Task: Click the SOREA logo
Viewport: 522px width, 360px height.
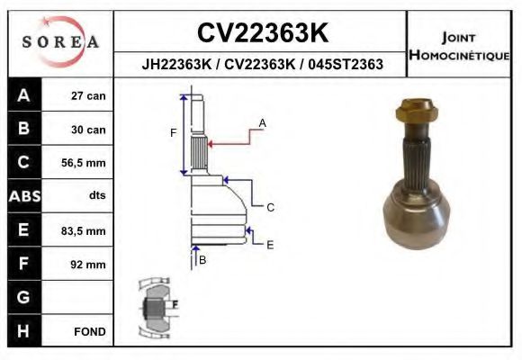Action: [x=59, y=41]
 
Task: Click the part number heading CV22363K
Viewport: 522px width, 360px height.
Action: [x=262, y=32]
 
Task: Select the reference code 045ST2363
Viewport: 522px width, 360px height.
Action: [x=346, y=64]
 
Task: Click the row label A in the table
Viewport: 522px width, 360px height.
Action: [x=23, y=95]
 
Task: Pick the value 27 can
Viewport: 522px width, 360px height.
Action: [x=88, y=95]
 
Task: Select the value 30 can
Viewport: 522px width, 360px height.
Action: [x=88, y=130]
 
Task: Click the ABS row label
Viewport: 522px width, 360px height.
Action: [x=23, y=196]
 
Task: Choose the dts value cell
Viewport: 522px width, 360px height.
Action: [x=96, y=196]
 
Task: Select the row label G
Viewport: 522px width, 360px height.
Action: [x=23, y=297]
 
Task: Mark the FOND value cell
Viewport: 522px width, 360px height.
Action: [x=89, y=331]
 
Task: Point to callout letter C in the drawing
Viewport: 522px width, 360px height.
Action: [x=269, y=207]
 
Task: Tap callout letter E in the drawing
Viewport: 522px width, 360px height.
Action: [x=269, y=244]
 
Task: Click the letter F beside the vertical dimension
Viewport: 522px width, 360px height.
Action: [x=174, y=132]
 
